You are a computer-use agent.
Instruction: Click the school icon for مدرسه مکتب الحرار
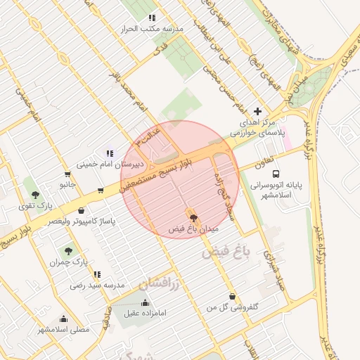(x=151, y=18)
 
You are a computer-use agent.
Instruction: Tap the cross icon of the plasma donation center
(x=257, y=111)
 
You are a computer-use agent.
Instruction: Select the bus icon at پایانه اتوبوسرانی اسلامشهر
(x=275, y=173)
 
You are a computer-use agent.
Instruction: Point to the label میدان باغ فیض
(x=194, y=229)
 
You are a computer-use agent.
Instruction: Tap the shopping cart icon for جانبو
(x=67, y=174)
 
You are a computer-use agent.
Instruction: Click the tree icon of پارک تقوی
(x=35, y=195)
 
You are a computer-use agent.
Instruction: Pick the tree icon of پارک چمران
(x=68, y=250)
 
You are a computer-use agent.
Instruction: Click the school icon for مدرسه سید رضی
(x=96, y=274)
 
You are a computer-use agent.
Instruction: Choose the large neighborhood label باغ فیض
(x=224, y=253)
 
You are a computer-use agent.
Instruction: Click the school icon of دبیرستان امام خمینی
(x=109, y=153)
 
